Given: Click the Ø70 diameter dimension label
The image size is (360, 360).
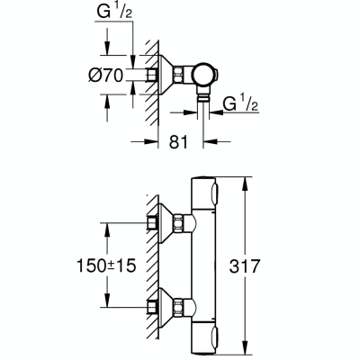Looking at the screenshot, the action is click(106, 75).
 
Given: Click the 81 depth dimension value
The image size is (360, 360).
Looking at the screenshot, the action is click(178, 142).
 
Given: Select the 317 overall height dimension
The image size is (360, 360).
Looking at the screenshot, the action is click(244, 265).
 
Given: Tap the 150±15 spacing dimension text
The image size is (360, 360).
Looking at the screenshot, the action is click(106, 265).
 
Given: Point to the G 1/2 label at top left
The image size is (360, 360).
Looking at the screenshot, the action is click(114, 12).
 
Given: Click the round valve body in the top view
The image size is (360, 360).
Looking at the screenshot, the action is click(203, 75).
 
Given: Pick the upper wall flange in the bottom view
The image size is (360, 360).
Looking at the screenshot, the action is click(165, 223).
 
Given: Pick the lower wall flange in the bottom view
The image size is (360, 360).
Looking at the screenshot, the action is click(165, 308).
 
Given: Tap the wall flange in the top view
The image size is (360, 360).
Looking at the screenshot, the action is click(165, 75).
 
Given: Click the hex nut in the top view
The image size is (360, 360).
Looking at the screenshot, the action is click(178, 75).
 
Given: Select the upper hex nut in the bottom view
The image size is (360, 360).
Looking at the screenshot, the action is click(178, 223).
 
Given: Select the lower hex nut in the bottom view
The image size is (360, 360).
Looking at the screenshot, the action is click(178, 308).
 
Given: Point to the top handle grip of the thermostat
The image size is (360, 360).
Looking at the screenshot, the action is click(215, 193).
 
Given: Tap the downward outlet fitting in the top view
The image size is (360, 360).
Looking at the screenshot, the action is click(203, 95).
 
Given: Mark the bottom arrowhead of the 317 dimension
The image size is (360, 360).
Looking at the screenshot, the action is click(246, 349).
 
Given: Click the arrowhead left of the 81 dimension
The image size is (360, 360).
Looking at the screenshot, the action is click(150, 141).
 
